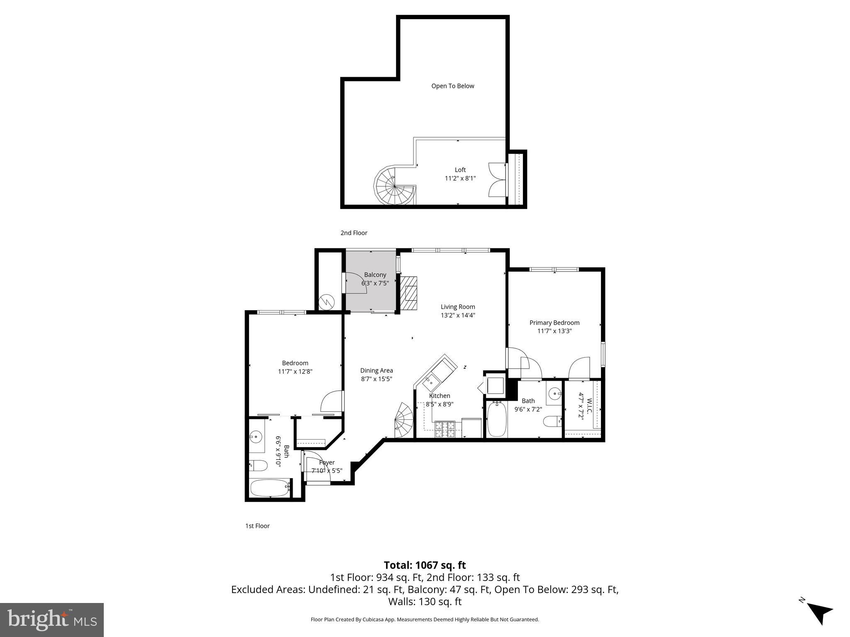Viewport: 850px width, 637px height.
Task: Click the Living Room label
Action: (x=458, y=307)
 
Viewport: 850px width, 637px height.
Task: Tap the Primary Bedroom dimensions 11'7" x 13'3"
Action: (x=554, y=331)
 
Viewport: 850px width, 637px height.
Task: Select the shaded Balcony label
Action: (x=375, y=275)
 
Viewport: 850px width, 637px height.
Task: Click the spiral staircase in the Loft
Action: (x=395, y=188)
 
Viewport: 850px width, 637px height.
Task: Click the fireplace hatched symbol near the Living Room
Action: (x=409, y=293)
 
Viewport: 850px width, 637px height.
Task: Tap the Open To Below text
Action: (x=452, y=86)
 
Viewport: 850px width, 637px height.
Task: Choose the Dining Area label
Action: (x=376, y=370)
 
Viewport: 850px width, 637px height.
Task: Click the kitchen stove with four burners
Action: (x=445, y=430)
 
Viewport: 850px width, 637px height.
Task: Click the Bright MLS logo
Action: (x=52, y=620)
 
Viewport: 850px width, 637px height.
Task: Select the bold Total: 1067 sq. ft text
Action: (x=425, y=565)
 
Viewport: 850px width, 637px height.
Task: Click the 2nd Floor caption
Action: (x=354, y=233)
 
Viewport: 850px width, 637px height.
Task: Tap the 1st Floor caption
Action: (x=257, y=526)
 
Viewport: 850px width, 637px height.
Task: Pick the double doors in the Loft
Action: (x=497, y=179)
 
